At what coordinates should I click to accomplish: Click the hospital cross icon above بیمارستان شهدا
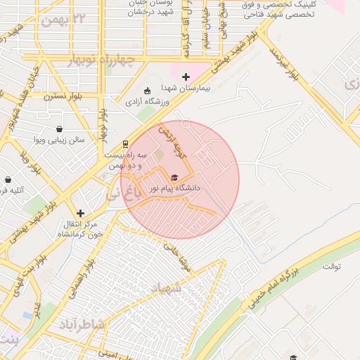186,77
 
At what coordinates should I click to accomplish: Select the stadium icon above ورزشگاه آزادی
147,91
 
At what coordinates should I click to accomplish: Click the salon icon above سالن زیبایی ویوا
58,129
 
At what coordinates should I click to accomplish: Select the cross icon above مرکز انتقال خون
81,212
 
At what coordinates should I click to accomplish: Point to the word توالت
332,267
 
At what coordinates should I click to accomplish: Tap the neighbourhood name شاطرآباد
82,323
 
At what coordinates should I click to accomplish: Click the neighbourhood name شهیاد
166,289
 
